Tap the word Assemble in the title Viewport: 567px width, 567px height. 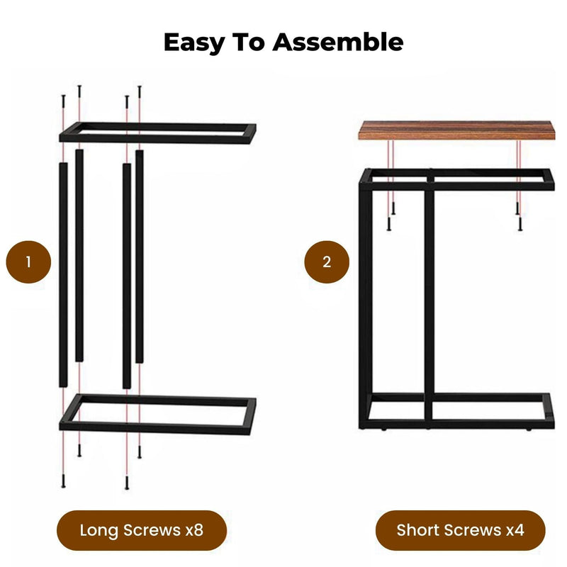pyautogui.click(x=338, y=42)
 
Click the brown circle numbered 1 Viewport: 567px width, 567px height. pyautogui.click(x=29, y=262)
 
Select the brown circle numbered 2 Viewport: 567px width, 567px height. pyautogui.click(x=327, y=262)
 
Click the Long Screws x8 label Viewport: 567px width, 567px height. pyautogui.click(x=142, y=529)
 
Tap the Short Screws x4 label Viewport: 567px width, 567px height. pyautogui.click(x=460, y=529)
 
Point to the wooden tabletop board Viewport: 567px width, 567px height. pyautogui.click(x=455, y=129)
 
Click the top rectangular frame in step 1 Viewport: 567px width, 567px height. pyautogui.click(x=157, y=133)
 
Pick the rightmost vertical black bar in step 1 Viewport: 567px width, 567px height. pyautogui.click(x=140, y=255)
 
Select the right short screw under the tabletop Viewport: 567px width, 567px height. pyautogui.click(x=519, y=221)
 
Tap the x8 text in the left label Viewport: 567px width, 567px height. pyautogui.click(x=193, y=529)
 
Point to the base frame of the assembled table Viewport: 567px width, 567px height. pyautogui.click(x=457, y=411)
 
